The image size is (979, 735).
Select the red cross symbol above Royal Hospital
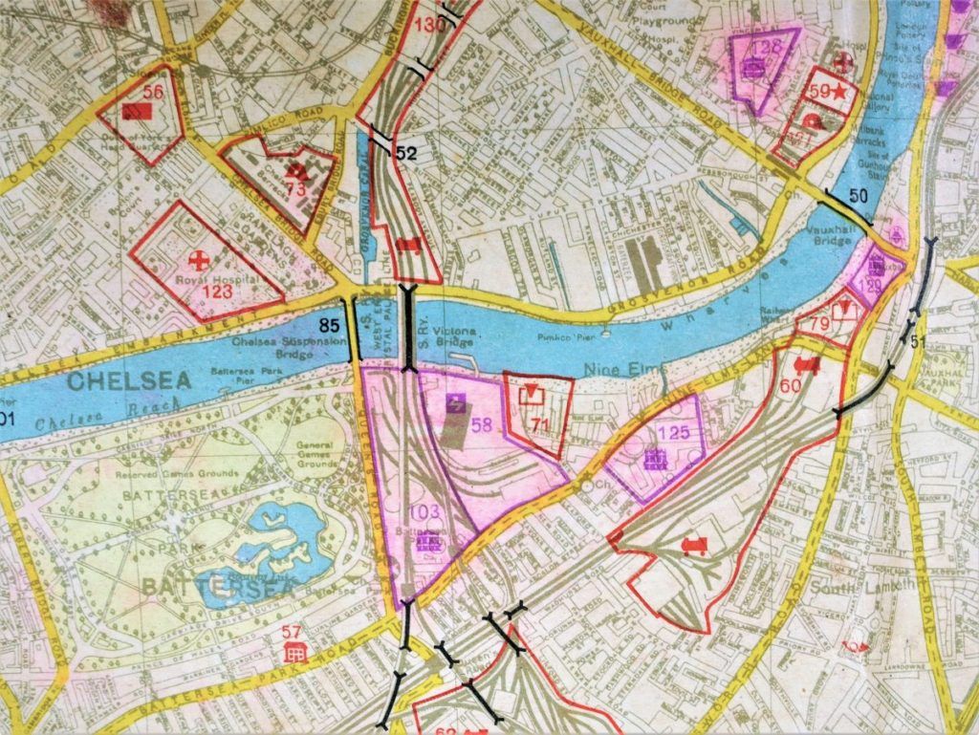click(x=199, y=259)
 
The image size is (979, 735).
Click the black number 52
click(x=406, y=152)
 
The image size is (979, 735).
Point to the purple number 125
click(x=674, y=432)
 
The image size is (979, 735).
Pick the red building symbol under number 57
click(x=294, y=652)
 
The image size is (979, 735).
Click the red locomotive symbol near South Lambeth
click(x=695, y=546)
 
